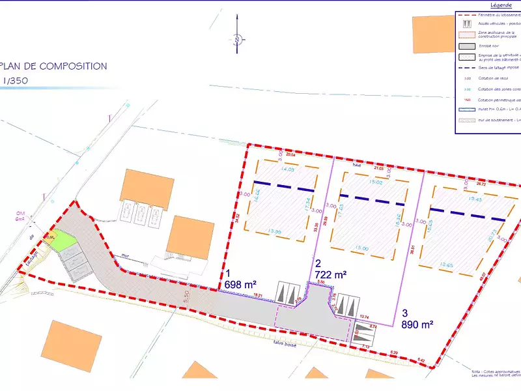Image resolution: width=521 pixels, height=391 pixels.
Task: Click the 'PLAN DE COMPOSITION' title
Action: [54, 66]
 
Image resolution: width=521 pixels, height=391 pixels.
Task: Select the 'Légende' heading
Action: [492, 5]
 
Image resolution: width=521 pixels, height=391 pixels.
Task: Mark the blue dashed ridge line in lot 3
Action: [468, 214]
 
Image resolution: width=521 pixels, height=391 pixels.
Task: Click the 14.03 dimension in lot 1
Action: [287, 169]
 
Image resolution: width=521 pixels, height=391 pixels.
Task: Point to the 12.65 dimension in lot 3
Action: [447, 265]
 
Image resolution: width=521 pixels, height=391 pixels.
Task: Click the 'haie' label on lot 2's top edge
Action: [356, 165]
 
